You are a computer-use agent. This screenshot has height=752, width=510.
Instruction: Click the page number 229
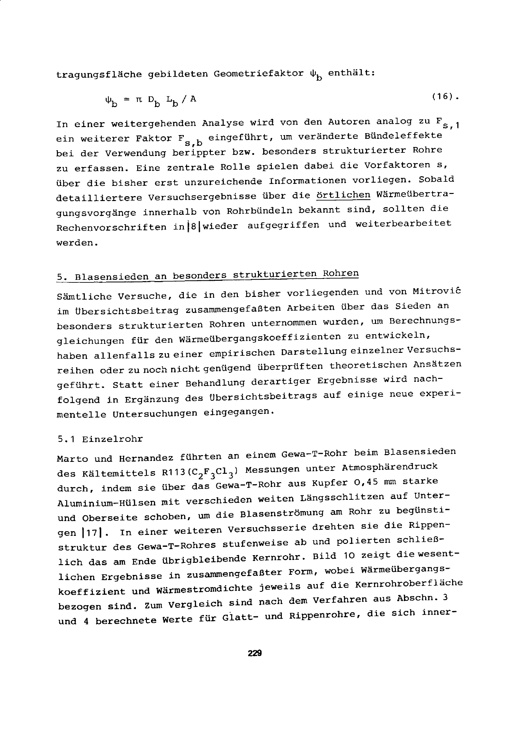(x=255, y=653)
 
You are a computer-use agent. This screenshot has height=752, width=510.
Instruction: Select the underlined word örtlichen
(x=343, y=196)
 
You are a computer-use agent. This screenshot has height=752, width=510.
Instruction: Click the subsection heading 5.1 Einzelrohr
(x=100, y=439)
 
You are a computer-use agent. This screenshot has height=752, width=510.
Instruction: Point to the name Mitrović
(x=436, y=291)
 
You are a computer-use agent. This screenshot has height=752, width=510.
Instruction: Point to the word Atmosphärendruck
(x=389, y=467)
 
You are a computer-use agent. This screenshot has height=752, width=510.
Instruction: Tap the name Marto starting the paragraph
(x=72, y=459)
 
